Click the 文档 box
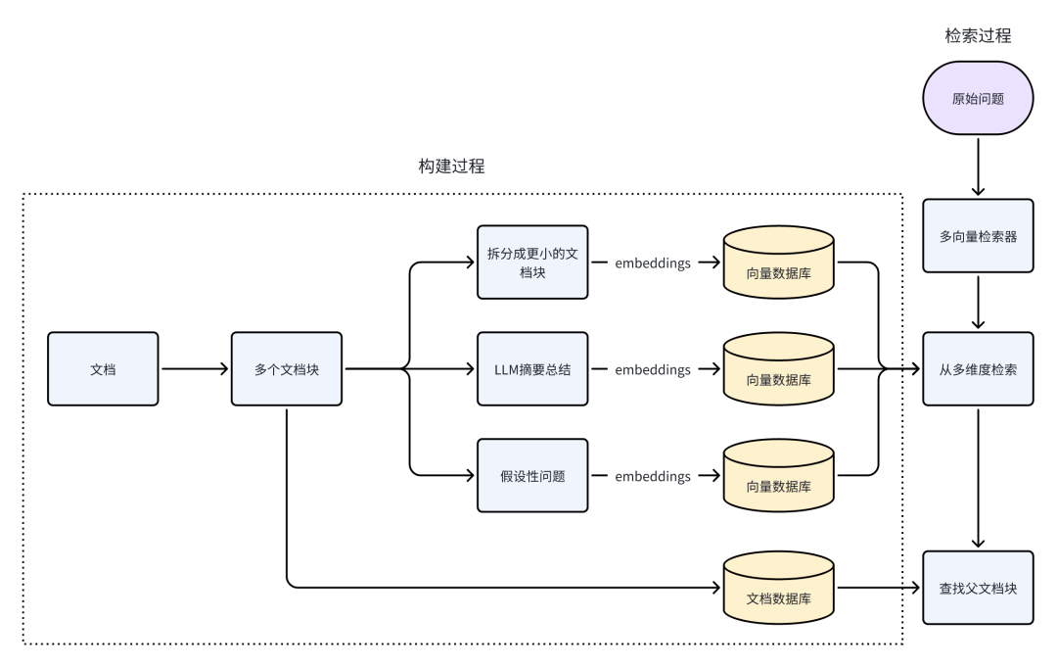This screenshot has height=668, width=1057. coord(103,369)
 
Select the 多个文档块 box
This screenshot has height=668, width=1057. coord(287,369)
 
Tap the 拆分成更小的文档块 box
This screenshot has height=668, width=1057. coord(532,262)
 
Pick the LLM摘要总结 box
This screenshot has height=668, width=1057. coord(532,369)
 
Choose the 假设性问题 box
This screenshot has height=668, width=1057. coord(532,476)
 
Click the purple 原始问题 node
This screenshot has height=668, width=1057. coord(978,99)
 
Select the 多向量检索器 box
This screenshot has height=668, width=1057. coord(978,236)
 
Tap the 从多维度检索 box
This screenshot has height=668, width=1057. coord(978,369)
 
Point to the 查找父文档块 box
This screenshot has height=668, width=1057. coord(978,588)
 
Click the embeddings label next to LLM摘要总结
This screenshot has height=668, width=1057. coord(653,369)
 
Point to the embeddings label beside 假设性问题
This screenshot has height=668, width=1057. coord(653,476)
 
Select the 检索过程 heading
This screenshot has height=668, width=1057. coord(978,36)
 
